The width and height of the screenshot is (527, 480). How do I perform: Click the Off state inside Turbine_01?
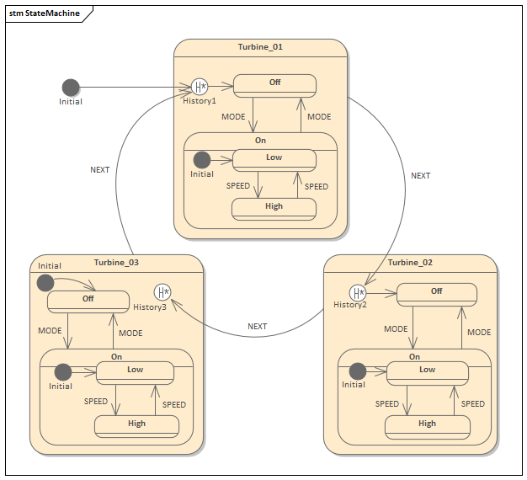pyautogui.click(x=274, y=85)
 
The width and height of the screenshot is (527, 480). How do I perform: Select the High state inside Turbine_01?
pyautogui.click(x=274, y=208)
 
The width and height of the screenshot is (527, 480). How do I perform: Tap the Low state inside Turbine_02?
pyautogui.click(x=427, y=371)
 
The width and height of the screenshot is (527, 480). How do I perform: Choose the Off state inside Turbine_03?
pyautogui.click(x=88, y=301)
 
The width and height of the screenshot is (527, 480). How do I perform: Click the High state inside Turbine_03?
pyautogui.click(x=136, y=426)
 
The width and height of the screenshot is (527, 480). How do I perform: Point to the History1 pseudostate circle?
pyautogui.click(x=200, y=87)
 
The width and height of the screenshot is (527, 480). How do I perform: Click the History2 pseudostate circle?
pyautogui.click(x=359, y=292)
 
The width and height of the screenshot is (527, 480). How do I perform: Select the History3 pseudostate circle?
pyautogui.click(x=162, y=292)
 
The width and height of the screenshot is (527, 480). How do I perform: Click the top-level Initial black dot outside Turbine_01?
pyautogui.click(x=71, y=88)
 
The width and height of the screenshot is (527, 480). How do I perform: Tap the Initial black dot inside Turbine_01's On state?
pyautogui.click(x=202, y=159)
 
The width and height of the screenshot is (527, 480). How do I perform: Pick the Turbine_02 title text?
pyautogui.click(x=411, y=263)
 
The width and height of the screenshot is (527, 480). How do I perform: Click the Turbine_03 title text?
pyautogui.click(x=116, y=263)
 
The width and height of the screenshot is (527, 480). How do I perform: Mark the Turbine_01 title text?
pyautogui.click(x=260, y=47)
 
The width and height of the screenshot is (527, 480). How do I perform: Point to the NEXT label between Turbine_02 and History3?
pyautogui.click(x=257, y=327)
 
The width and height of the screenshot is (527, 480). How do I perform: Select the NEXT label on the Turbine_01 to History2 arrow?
pyautogui.click(x=420, y=176)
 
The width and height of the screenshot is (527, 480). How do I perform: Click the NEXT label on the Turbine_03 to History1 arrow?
pyautogui.click(x=99, y=170)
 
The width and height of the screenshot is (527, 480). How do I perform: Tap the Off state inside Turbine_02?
pyautogui.click(x=436, y=293)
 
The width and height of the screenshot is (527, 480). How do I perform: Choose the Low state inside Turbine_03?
pyautogui.click(x=135, y=371)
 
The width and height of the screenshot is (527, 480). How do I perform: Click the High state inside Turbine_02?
pyautogui.click(x=427, y=426)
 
